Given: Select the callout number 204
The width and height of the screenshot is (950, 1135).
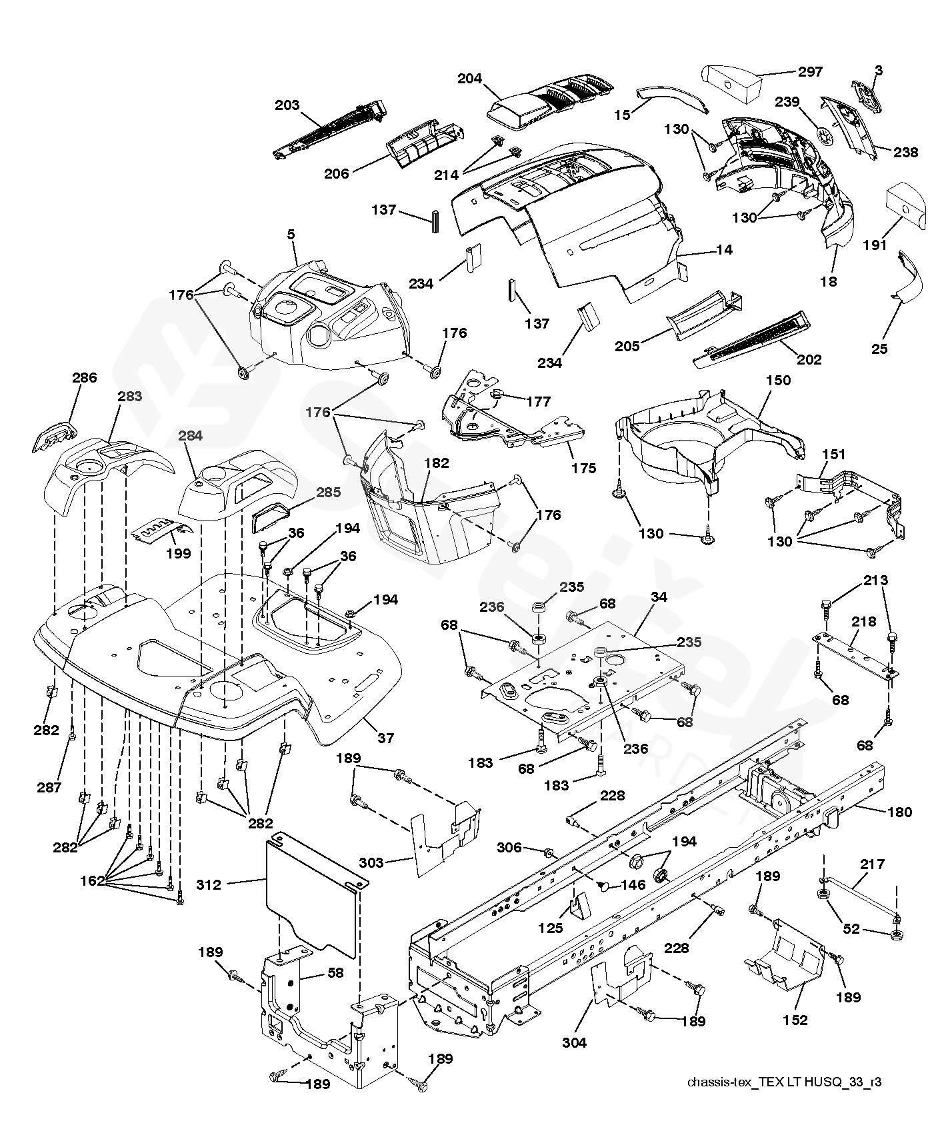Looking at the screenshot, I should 470,79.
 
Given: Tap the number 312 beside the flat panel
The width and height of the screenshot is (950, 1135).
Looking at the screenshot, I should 209,884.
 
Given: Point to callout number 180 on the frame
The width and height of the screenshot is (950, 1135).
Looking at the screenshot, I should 900,812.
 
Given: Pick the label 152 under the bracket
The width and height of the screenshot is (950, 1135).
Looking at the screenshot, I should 795,1020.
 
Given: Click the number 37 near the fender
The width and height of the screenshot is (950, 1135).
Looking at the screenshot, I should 385,738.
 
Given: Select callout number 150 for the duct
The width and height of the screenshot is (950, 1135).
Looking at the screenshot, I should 779,381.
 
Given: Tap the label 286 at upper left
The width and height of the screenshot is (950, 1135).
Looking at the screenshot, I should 85,378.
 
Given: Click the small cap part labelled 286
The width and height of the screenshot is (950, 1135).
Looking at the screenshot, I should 52,436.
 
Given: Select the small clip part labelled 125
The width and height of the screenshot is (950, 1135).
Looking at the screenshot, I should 578,904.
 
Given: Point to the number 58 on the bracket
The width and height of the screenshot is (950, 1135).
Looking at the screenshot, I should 335,973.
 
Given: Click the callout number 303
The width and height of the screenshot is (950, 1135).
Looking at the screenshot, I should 371,863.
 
